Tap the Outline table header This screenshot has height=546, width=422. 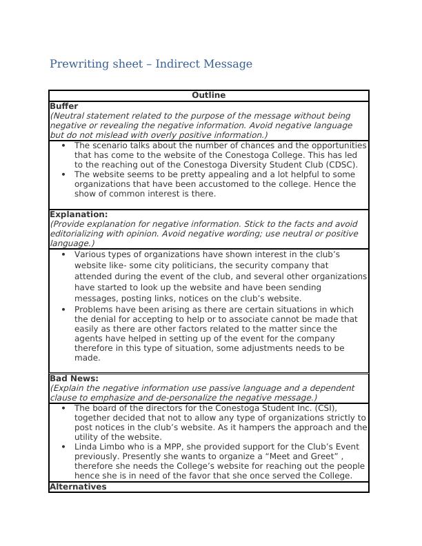coord(208,95)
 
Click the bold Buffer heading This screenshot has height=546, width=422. coord(63,106)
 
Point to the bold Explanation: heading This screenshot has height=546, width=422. coord(79,214)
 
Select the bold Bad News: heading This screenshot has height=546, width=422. coord(74,378)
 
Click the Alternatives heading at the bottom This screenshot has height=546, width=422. coord(78,487)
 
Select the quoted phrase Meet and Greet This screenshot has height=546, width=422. coord(288,456)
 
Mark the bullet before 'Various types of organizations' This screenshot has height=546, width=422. coord(63,255)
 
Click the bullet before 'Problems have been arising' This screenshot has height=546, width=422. coord(63,310)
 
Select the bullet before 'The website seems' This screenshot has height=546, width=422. coord(63,175)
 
